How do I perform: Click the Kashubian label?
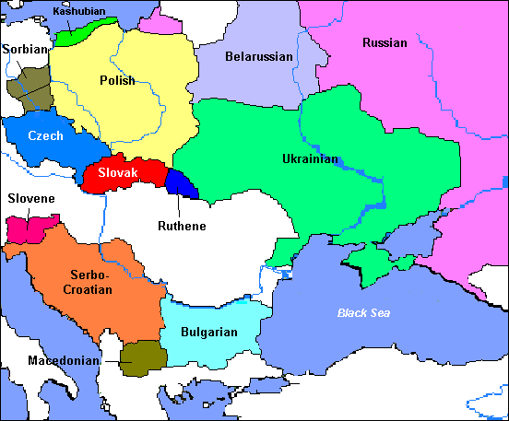coord(79,11)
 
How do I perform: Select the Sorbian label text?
coord(25,48)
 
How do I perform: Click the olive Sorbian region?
coord(28,85)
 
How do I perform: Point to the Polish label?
coord(117,80)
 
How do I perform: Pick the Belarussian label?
coord(258,57)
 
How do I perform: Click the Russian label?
coord(385,42)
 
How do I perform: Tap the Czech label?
coord(45,135)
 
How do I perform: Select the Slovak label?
coord(117,172)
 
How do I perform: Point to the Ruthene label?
coord(181,226)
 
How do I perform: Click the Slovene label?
coord(31,198)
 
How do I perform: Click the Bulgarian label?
coord(209,333)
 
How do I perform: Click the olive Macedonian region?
coord(139,357)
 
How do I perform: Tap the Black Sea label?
coord(363,313)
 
